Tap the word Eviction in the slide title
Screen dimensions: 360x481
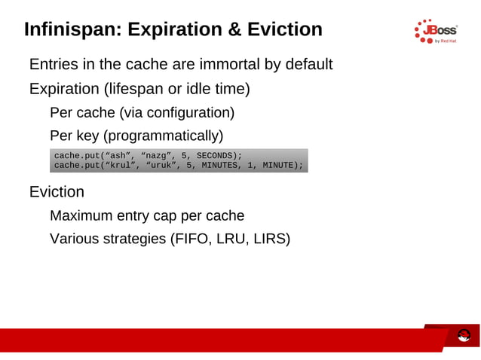tap(284, 29)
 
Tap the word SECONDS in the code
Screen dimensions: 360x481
tap(217, 155)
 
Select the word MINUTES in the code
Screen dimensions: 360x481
tap(217, 165)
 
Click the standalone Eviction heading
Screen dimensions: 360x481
tap(57, 192)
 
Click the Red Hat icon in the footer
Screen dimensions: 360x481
tap(464, 335)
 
